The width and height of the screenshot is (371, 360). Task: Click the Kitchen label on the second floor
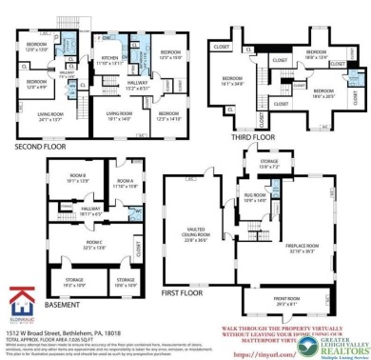[110, 59]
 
